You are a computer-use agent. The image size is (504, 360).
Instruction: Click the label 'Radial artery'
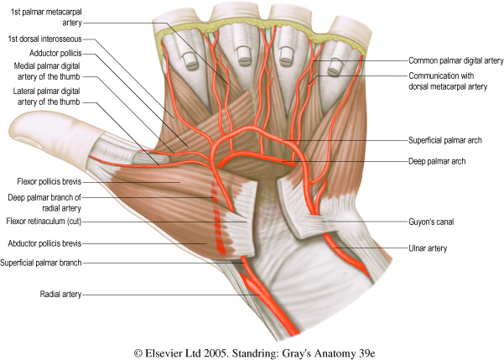click(60, 295)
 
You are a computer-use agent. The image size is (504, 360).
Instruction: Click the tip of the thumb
click(11, 129)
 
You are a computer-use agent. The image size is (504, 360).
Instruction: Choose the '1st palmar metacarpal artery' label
click(44, 17)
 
